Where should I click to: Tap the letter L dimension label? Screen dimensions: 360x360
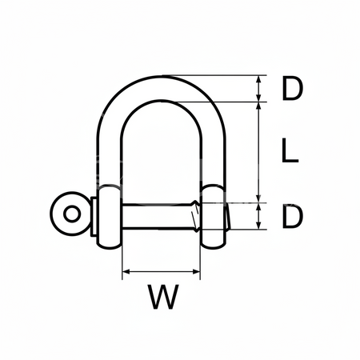[x=291, y=151]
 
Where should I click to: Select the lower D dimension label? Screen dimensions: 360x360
[x=293, y=216]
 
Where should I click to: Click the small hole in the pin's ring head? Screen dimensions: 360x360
[x=71, y=214]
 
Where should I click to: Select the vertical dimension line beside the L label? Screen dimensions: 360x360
[x=258, y=152]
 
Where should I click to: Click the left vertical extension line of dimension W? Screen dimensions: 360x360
[x=121, y=260]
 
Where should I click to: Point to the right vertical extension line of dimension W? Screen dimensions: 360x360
[x=201, y=260]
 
